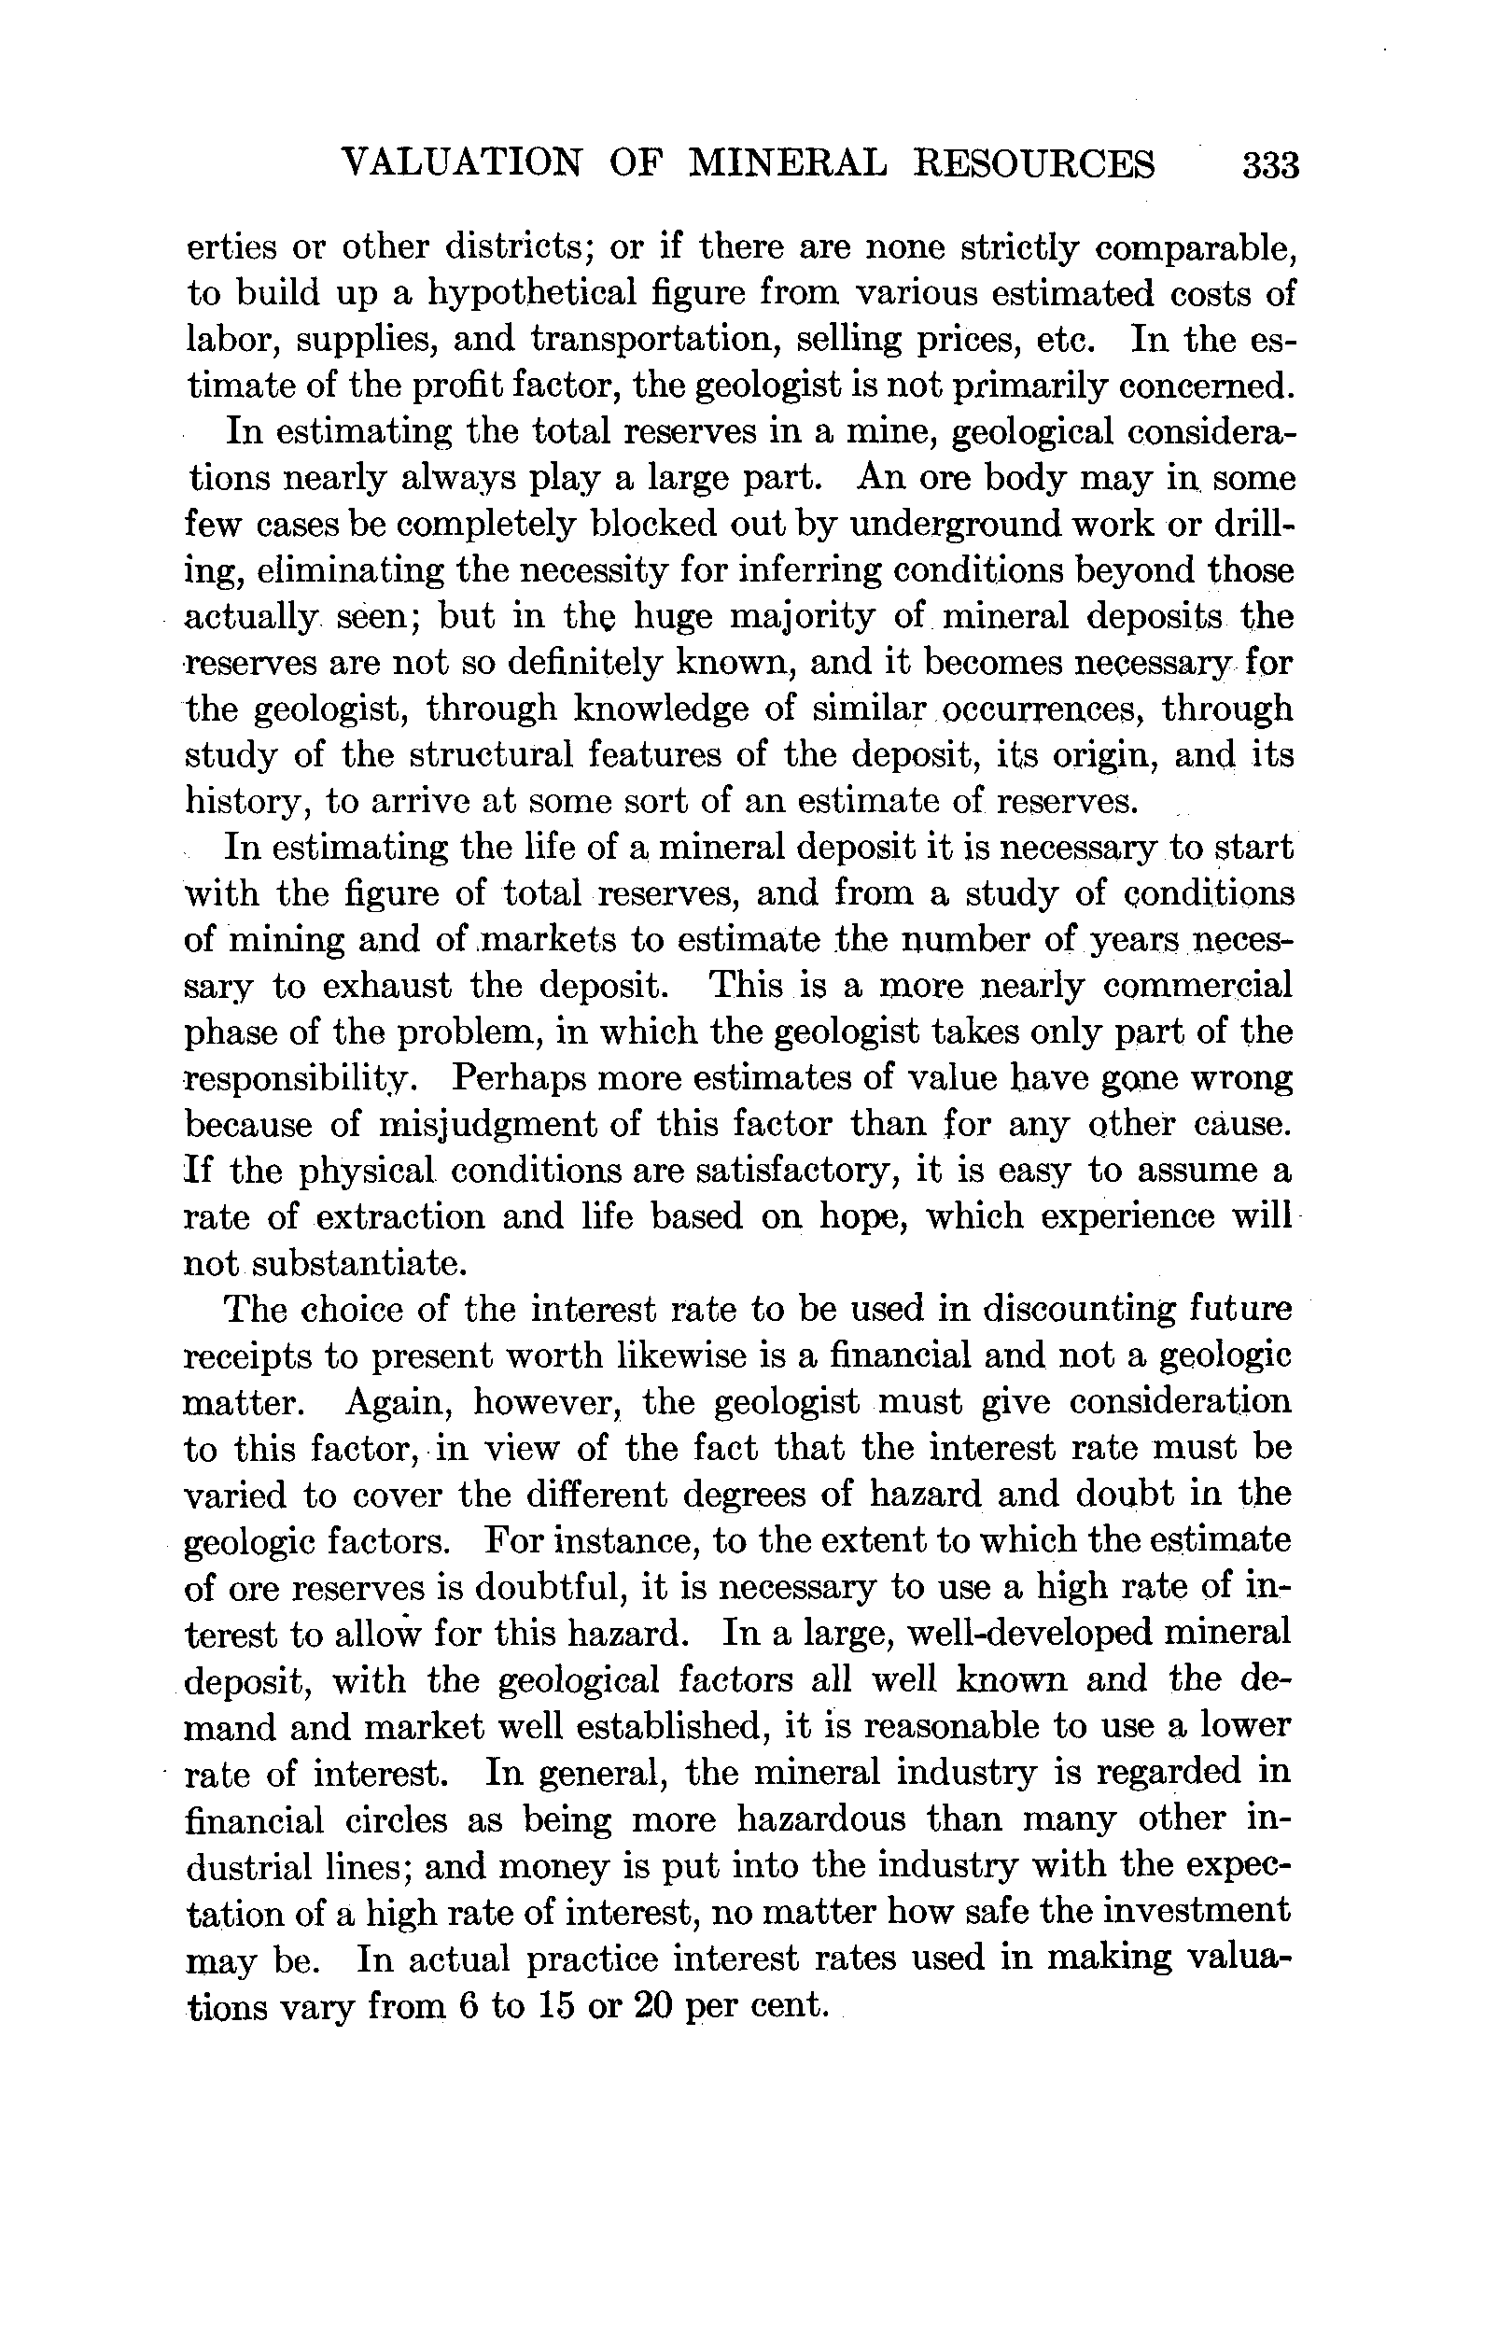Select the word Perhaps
click(511, 1079)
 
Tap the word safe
click(996, 1912)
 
